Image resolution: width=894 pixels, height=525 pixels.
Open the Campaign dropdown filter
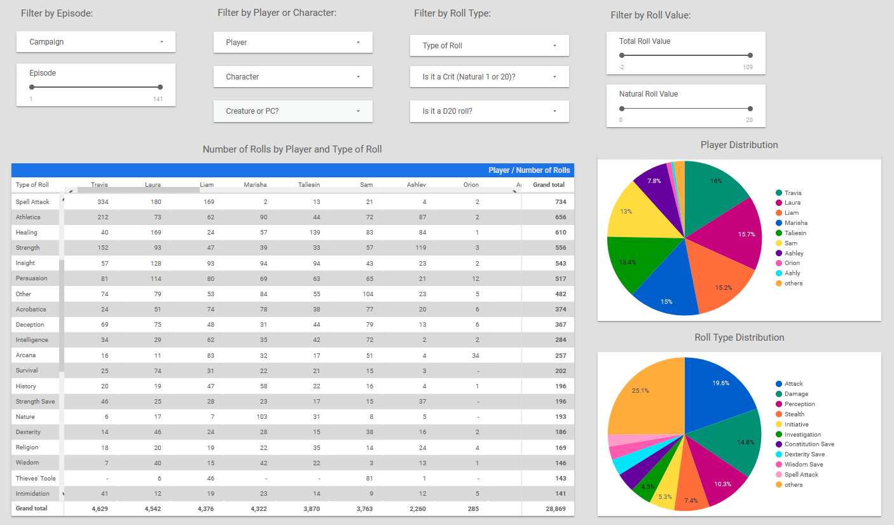point(96,42)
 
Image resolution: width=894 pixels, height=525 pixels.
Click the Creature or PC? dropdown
point(292,111)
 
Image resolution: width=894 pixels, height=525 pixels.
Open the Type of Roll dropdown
point(489,46)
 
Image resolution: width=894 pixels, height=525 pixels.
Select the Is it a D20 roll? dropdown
point(489,111)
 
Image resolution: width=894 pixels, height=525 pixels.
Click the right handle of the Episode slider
point(160,87)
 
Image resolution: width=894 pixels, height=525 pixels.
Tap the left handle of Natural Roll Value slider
point(621,108)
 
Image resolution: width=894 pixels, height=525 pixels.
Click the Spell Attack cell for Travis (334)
point(102,202)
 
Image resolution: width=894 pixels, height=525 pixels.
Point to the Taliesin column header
point(309,185)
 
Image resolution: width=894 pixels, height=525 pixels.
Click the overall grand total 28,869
point(553,508)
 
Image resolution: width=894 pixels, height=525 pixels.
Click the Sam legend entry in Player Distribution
point(792,243)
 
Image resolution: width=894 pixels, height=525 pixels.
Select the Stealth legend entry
point(795,414)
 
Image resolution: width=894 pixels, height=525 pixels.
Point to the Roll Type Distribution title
point(739,337)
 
